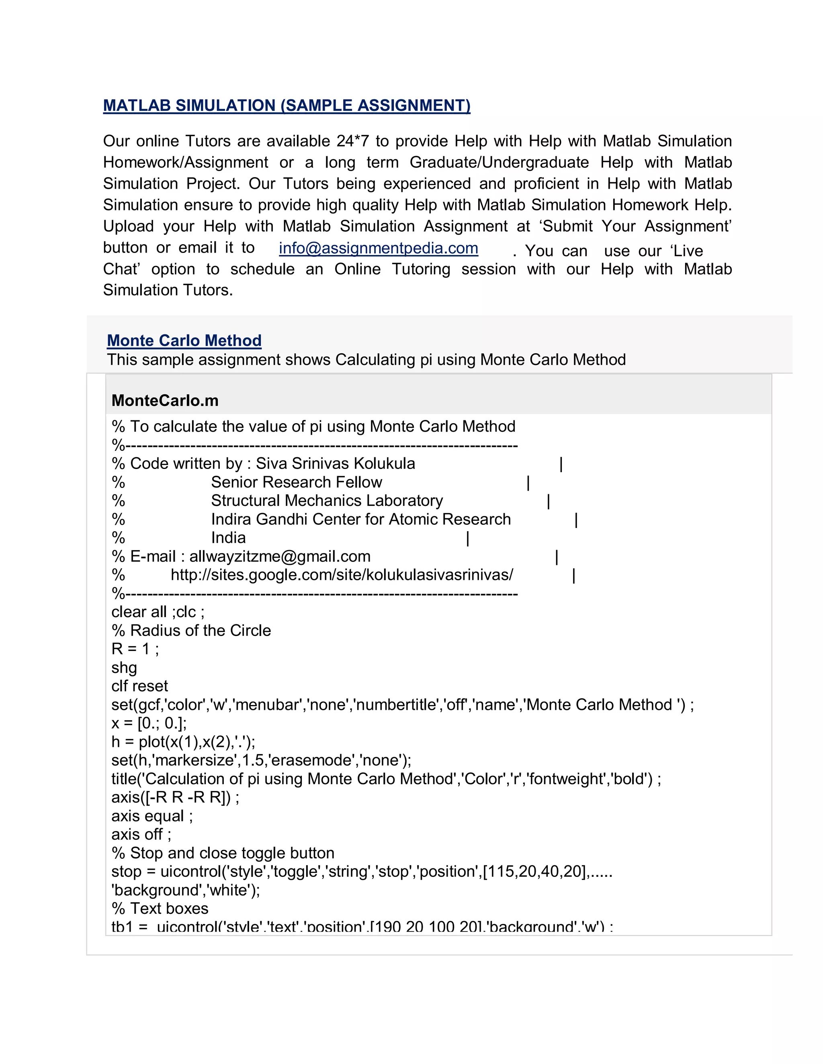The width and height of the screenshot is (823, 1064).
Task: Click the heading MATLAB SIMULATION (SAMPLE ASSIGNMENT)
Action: click(x=287, y=106)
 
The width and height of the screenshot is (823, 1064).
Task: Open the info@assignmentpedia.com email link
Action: click(x=378, y=248)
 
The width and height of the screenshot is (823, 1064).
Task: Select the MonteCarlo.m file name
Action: click(x=165, y=400)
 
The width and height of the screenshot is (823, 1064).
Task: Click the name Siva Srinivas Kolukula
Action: click(x=336, y=463)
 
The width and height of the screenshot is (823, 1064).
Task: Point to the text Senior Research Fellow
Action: click(x=297, y=482)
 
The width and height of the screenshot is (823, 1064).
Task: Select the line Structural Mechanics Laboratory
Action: click(x=327, y=500)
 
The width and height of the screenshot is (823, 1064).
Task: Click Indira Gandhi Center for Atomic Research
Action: click(x=361, y=519)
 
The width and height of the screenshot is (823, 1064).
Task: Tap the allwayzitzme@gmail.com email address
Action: click(x=280, y=556)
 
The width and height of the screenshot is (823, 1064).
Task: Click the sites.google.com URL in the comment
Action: click(x=341, y=575)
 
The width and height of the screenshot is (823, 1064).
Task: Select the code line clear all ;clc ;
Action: click(x=158, y=612)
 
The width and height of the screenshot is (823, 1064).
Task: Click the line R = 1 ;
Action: click(x=135, y=649)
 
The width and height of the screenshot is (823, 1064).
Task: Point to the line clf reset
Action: click(x=139, y=686)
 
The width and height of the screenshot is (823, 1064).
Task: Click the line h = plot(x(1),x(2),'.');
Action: click(x=183, y=742)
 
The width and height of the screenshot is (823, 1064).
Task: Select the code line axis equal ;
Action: click(x=152, y=816)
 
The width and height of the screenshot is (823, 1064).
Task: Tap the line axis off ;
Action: click(x=141, y=835)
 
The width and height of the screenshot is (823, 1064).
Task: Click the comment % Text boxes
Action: click(x=160, y=909)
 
